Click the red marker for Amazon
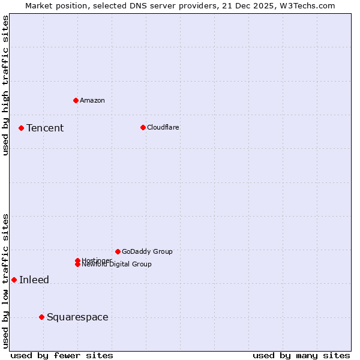[x=76, y=100]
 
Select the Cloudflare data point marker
[x=143, y=127]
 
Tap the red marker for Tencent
[x=21, y=128]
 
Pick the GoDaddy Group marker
[x=118, y=251]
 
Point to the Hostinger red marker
[x=78, y=260]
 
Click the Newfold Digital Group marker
[x=78, y=265]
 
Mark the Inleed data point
[x=14, y=280]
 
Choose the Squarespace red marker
[x=41, y=317]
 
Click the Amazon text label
[x=92, y=100]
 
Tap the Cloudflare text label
[x=163, y=127]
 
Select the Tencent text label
[x=45, y=128]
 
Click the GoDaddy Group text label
[x=147, y=251]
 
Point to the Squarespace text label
[x=77, y=317]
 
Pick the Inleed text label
[x=34, y=280]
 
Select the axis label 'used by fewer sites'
[x=62, y=355]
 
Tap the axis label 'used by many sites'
[x=301, y=355]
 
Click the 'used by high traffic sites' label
[x=5, y=85]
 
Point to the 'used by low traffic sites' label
[x=5, y=281]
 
